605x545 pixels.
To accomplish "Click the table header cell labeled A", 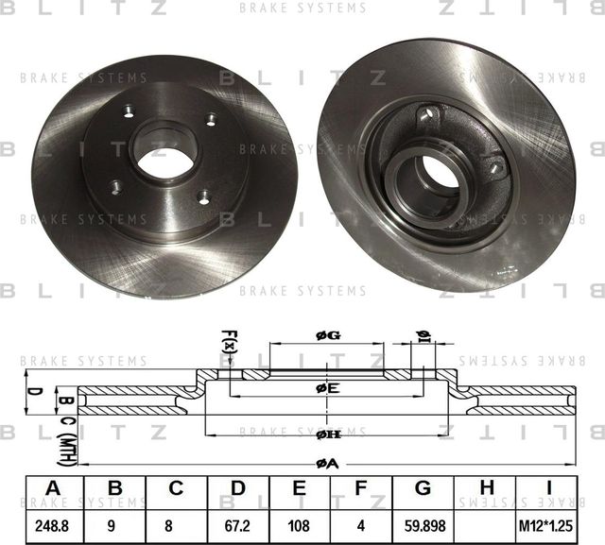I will (53, 487).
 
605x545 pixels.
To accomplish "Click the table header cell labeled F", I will (361, 487).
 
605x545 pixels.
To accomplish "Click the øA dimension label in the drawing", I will (326, 463).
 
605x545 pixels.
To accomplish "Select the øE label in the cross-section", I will (327, 388).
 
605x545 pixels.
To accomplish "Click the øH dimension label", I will (327, 434).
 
